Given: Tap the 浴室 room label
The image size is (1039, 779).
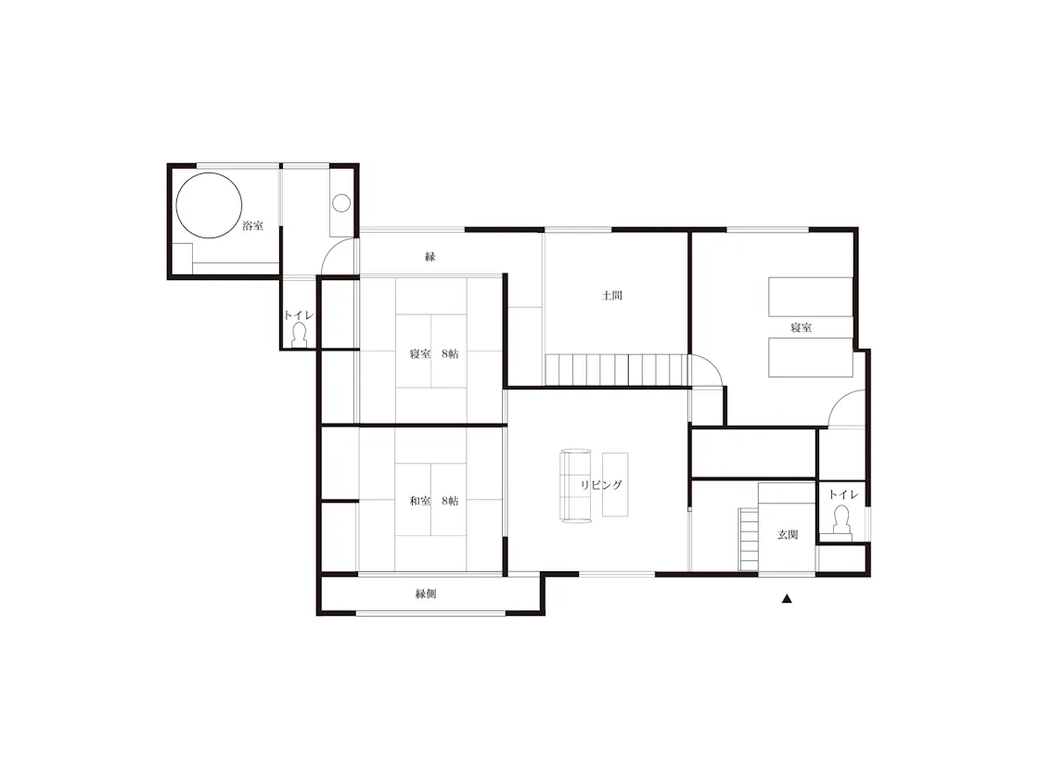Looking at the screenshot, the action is point(252,226).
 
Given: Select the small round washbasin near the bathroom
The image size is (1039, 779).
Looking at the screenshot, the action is point(341,203).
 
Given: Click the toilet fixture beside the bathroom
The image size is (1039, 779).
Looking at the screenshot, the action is point(300,336).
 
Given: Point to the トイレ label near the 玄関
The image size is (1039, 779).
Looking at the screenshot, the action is point(843,495).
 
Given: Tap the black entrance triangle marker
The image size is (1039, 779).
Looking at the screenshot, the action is point(787,599).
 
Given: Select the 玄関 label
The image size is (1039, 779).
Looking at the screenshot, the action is point(788,534).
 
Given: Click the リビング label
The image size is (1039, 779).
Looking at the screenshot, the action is point(601,485).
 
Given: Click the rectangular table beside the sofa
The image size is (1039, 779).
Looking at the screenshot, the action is point(615,484).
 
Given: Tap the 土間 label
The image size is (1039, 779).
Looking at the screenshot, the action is point(611,296).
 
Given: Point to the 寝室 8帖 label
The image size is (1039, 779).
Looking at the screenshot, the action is point(434,353).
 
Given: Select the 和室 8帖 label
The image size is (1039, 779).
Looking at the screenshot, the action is point(434,501).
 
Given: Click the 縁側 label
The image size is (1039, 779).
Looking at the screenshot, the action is point(426,594).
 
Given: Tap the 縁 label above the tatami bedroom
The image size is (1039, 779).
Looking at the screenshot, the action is point(430,256).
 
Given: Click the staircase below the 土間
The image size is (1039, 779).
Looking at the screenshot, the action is point(617,370).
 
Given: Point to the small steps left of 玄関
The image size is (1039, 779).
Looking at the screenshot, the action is point(749,539).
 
